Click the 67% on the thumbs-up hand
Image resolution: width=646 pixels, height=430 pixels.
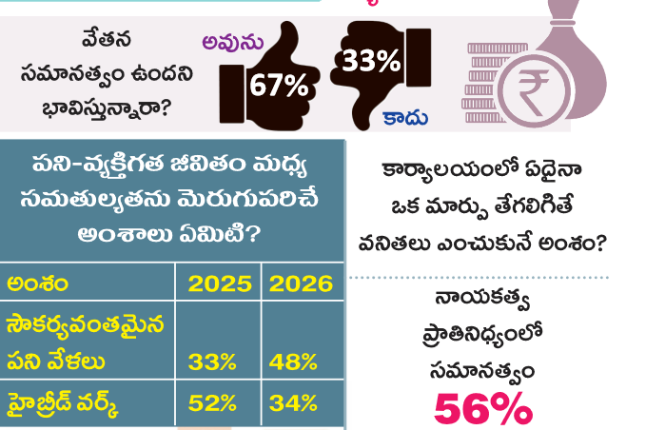tap(279, 87)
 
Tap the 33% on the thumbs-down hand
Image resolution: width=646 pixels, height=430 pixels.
tap(371, 62)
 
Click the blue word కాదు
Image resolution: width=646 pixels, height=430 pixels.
tap(405, 119)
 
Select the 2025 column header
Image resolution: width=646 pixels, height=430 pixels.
tap(220, 283)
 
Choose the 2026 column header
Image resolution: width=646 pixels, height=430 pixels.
tap(301, 283)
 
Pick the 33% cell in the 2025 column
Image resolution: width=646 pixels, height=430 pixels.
tap(212, 362)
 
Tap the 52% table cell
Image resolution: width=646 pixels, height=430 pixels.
tap(212, 403)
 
